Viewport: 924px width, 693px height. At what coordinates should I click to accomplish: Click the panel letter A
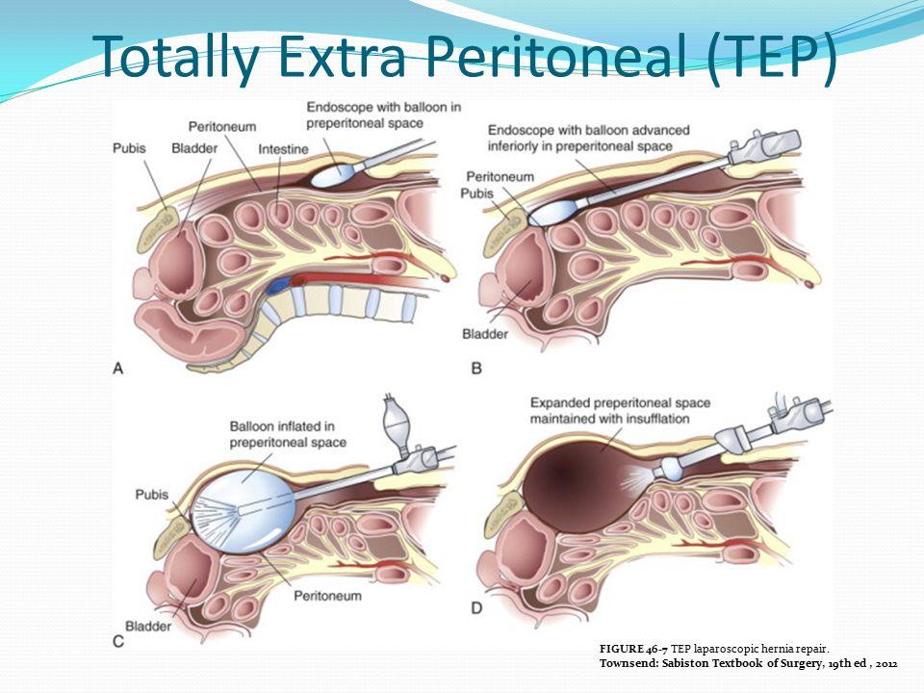(118, 367)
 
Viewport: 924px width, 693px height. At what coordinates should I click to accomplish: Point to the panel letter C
(117, 639)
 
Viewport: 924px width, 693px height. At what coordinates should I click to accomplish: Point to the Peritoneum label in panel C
(328, 596)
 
